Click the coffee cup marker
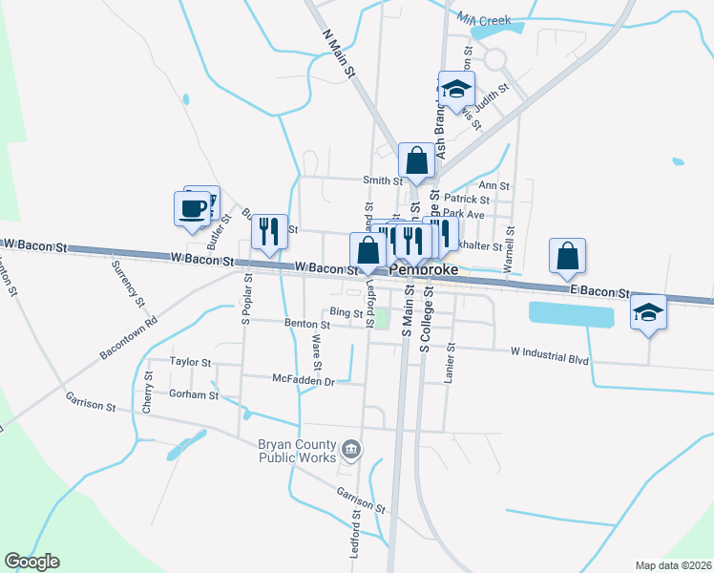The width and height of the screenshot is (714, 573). tap(192, 207)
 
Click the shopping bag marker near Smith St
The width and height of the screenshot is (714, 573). tap(416, 160)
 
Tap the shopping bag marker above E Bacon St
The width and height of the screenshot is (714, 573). tap(567, 255)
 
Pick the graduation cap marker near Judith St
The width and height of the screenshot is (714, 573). tap(456, 89)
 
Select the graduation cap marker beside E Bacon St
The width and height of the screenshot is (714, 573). tap(648, 312)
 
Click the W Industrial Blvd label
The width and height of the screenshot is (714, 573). tap(550, 352)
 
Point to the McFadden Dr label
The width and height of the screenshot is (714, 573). tap(304, 380)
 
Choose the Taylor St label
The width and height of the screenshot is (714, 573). tap(190, 362)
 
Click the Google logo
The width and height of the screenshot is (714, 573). tap(31, 562)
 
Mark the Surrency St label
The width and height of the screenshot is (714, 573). tap(127, 284)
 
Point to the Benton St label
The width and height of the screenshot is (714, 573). tap(306, 325)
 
